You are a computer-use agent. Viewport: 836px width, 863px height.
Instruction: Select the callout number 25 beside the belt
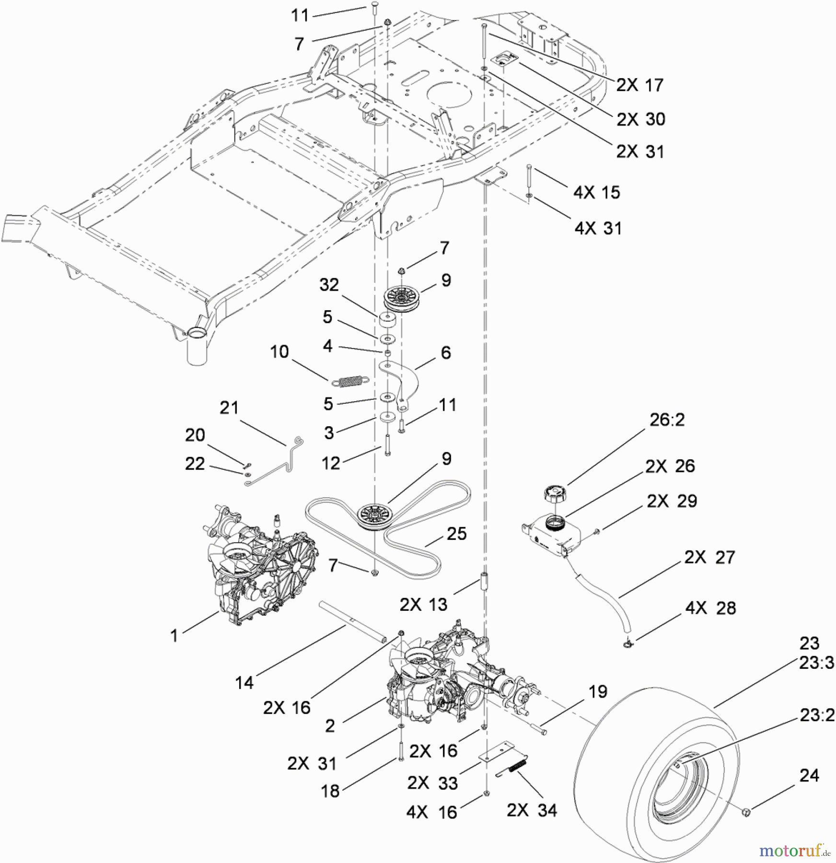coord(456,534)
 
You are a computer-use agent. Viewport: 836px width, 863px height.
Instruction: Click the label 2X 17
coord(639,85)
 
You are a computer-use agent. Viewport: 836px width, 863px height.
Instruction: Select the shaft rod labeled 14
coord(352,623)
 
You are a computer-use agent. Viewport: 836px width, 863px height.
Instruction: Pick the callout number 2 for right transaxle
coord(329,726)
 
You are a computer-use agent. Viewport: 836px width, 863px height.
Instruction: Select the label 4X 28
coord(710,608)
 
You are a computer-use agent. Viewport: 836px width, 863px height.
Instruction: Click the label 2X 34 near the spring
coord(532,810)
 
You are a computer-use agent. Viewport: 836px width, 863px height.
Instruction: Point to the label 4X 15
coord(596,192)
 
